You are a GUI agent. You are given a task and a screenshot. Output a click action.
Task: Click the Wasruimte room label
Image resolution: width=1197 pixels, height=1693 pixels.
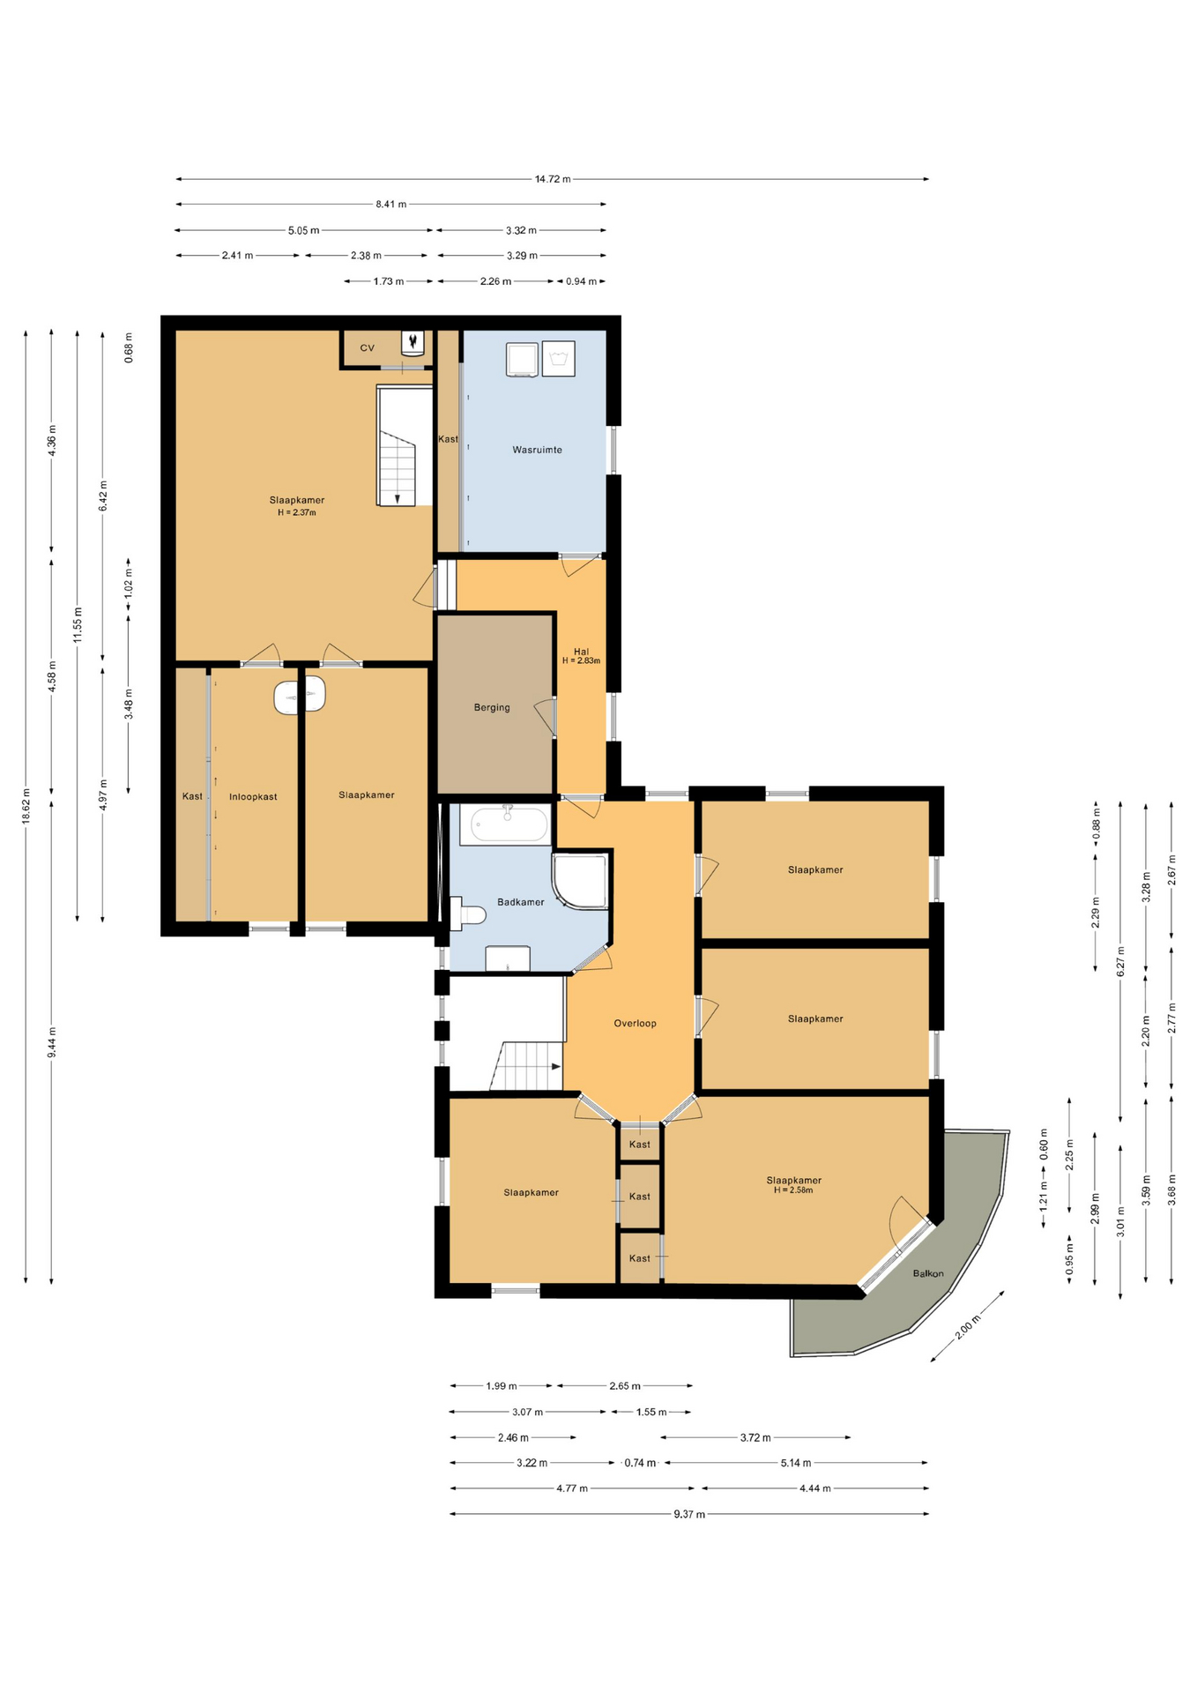pos(537,450)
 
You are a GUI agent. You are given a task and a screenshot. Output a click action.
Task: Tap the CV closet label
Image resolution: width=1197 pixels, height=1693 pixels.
pos(367,348)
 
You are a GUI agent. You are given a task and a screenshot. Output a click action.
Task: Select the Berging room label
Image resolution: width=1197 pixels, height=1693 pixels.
pos(492,707)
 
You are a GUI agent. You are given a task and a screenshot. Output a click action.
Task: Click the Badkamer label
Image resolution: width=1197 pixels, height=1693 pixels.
pos(520,902)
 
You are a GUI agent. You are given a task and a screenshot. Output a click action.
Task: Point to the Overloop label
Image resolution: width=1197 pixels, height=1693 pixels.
pos(635,1024)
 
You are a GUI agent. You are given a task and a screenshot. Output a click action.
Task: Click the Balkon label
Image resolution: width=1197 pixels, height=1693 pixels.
pos(928,1273)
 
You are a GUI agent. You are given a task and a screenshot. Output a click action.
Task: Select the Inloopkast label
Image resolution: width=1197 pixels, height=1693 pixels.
pos(253,797)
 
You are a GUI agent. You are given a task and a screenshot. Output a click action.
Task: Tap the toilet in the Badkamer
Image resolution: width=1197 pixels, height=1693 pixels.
pos(467,914)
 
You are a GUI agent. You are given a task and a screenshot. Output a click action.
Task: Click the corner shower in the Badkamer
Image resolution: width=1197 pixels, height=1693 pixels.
pos(580,881)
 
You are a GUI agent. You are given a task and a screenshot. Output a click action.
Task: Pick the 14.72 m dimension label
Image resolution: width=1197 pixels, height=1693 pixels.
pos(553,179)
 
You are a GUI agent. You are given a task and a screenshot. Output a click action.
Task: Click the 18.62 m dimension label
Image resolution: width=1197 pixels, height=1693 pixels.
pos(26,806)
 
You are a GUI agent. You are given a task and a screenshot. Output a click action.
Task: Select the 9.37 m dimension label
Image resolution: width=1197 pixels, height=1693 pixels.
pos(689,1514)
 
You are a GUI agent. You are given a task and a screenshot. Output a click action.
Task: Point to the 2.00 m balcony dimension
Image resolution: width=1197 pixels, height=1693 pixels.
pos(968,1326)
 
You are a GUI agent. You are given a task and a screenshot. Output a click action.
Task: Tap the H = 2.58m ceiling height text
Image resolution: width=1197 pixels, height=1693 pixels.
pos(793,1190)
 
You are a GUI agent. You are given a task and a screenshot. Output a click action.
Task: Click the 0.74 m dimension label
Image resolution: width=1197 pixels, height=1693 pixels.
pos(640,1463)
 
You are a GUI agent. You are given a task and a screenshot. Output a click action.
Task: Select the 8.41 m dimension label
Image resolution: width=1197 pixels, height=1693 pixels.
pos(391,205)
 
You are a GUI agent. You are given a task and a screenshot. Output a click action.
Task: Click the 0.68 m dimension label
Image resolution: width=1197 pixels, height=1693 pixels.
pos(129,347)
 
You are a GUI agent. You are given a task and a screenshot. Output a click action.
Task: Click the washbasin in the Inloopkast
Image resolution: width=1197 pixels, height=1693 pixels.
pos(300,697)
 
